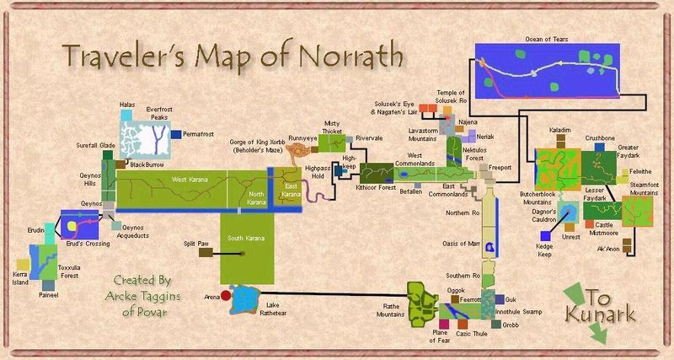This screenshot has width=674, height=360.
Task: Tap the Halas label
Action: coord(127,104)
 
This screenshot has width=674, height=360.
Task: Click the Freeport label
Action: coord(500,167)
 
